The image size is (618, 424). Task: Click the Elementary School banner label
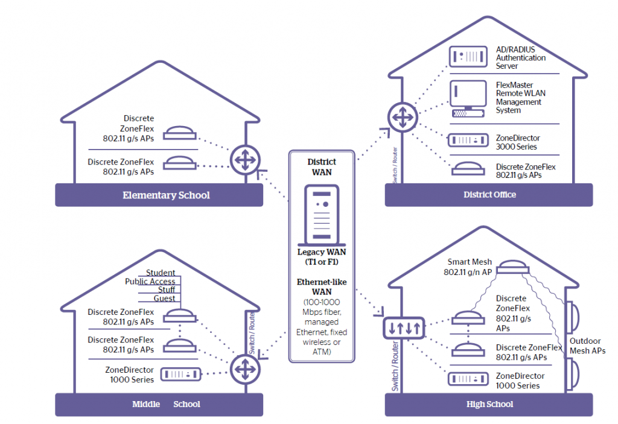tap(166, 195)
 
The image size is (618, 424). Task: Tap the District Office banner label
tap(489, 194)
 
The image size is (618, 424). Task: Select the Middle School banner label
tap(166, 404)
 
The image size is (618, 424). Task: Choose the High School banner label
tap(489, 404)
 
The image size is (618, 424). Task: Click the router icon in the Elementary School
tap(244, 160)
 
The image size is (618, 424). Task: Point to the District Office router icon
tap(400, 116)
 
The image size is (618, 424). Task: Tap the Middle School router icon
tap(244, 366)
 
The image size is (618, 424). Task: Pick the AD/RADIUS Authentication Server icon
tap(468, 57)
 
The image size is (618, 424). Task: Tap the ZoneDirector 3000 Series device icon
tap(468, 141)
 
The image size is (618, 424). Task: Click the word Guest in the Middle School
tap(164, 299)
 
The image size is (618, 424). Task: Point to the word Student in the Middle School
tap(161, 273)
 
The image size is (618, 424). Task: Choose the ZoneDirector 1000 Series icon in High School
tap(468, 379)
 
